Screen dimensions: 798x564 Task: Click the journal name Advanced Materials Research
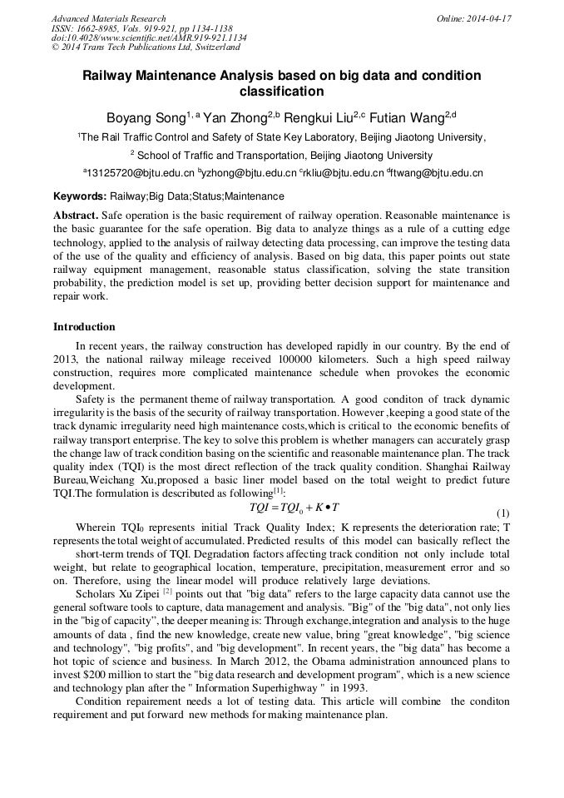(108, 18)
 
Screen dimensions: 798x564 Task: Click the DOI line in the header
(149, 38)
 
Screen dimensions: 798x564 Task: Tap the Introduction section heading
(84, 326)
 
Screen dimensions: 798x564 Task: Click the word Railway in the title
(109, 76)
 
